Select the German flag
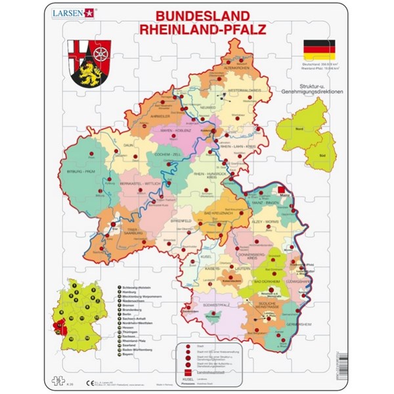pos(318,49)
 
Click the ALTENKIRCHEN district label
pos(237,67)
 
